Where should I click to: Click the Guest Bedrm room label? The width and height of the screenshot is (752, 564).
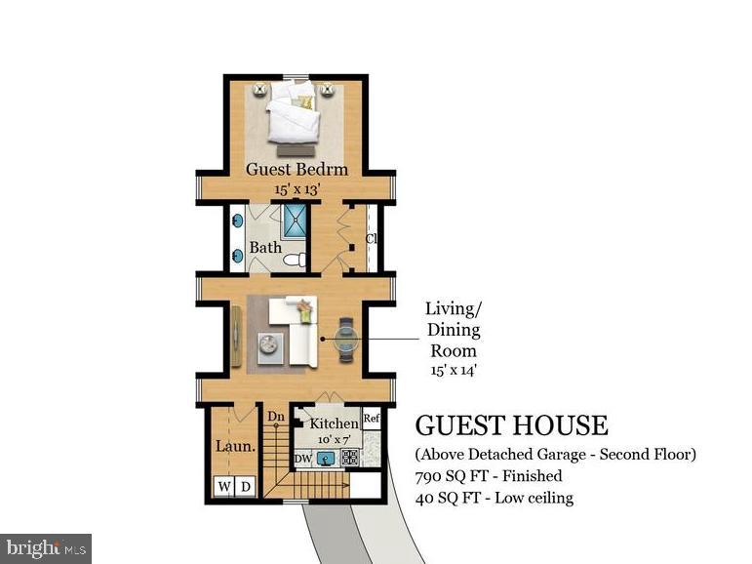point(297,169)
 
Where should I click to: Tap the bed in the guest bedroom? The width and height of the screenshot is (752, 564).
point(296,115)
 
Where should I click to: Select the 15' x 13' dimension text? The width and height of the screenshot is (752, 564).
point(297,188)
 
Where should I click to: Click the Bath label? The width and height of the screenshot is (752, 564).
point(265,248)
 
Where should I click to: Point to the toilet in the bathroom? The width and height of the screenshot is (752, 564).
point(297,258)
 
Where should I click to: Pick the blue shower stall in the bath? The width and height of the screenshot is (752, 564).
point(295,222)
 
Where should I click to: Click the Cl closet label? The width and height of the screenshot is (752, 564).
point(372,239)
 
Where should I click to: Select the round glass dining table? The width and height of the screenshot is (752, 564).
point(346,339)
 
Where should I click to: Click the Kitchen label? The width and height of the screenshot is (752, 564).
point(334,423)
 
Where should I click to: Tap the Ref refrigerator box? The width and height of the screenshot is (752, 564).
point(371,419)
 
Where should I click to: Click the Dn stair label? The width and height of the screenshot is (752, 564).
point(275,417)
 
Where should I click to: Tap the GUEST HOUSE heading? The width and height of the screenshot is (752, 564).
point(511,425)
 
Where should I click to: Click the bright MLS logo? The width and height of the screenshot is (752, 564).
point(46,548)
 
